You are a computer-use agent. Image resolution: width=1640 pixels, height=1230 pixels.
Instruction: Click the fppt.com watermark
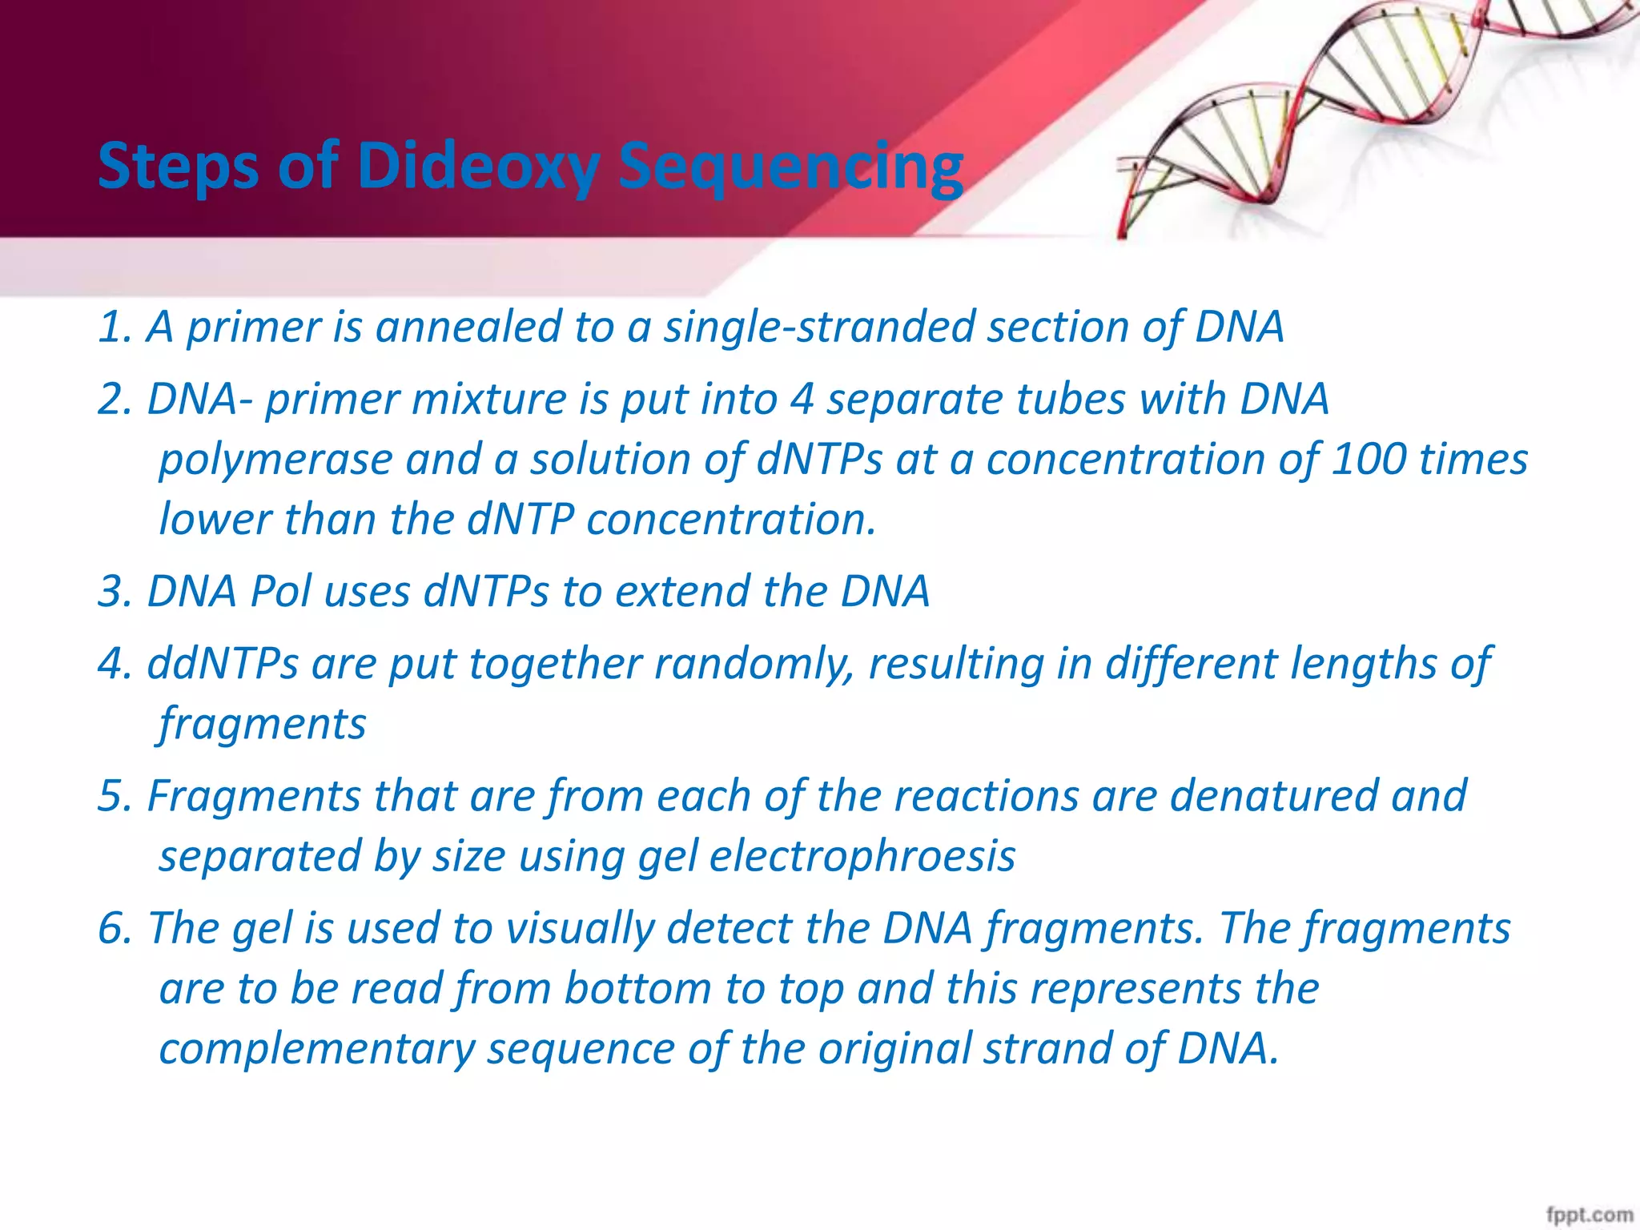1589,1214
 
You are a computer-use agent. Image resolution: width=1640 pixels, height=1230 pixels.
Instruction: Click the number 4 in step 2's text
802,400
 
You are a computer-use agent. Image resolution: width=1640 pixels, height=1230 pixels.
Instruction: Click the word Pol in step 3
279,592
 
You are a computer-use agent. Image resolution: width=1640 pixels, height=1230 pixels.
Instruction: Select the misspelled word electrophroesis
862,856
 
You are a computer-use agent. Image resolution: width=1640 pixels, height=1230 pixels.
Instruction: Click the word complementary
316,1049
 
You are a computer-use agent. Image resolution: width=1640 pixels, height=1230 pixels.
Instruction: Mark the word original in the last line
894,1049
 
